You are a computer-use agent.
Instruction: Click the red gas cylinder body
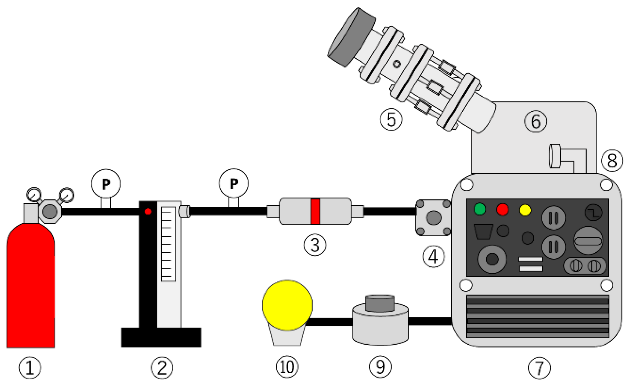tap(30, 286)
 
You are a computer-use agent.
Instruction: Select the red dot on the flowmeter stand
tap(148, 211)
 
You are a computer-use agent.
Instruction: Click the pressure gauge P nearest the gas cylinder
tap(106, 184)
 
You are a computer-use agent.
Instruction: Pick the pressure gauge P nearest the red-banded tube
tap(234, 183)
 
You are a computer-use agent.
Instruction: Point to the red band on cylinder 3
tap(315, 211)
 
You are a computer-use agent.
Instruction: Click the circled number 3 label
tap(315, 245)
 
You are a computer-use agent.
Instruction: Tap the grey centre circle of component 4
tap(433, 218)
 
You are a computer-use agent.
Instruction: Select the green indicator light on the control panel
tap(480, 209)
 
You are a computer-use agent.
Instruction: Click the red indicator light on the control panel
tap(502, 209)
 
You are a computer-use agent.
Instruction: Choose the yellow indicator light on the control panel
tap(525, 210)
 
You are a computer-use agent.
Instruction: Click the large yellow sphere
tap(287, 305)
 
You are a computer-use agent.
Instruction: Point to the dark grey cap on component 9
tap(380, 303)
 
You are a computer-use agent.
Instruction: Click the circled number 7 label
tap(540, 368)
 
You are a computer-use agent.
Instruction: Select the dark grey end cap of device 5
tap(351, 37)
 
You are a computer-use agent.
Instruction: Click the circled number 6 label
tap(536, 121)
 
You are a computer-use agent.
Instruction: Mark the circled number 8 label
tap(612, 161)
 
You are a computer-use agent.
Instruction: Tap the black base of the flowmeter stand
tap(161, 337)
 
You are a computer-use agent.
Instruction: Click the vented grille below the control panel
tap(538, 316)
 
